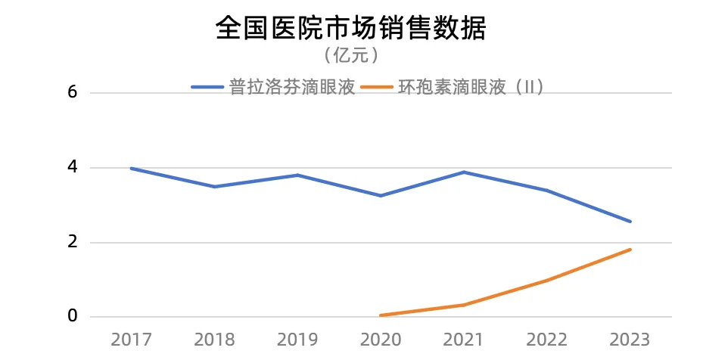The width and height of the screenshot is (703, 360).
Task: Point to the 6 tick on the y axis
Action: pos(73,92)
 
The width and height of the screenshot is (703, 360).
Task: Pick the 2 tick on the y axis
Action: pos(73,242)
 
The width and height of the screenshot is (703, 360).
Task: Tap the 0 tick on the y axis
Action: pos(73,315)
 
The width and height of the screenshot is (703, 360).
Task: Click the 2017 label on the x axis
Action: pos(131,340)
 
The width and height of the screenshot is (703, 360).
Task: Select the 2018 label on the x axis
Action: pos(214,340)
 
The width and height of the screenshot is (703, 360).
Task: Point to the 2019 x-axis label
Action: pos(297,340)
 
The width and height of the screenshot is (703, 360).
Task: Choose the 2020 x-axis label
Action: pos(381,340)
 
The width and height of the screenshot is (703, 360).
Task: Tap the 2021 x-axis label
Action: pos(464,340)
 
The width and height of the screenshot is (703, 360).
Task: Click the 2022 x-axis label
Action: pos(547,340)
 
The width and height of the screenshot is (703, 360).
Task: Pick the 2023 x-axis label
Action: pos(630,340)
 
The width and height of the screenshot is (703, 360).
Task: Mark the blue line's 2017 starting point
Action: pos(132,168)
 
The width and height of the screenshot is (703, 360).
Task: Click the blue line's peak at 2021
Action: pos(464,172)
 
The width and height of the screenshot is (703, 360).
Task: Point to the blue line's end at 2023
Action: pos(630,222)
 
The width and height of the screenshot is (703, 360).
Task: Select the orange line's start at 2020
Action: pos(381,315)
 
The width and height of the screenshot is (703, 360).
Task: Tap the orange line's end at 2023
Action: pos(630,250)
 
